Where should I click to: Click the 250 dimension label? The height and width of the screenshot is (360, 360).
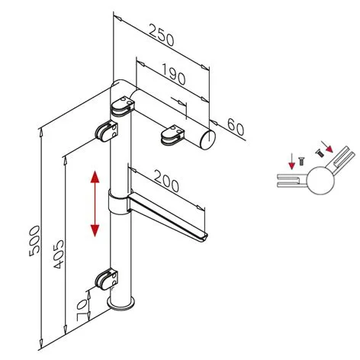pyautogui.click(x=162, y=35)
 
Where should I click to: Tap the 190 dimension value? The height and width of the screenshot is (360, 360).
pyautogui.click(x=173, y=74)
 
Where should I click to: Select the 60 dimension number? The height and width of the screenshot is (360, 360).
pyautogui.click(x=236, y=127)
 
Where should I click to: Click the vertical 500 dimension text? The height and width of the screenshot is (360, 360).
pyautogui.click(x=34, y=241)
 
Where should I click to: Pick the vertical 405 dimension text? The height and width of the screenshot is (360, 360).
pyautogui.click(x=59, y=254)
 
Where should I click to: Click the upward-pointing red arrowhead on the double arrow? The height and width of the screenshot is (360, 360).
pyautogui.click(x=95, y=177)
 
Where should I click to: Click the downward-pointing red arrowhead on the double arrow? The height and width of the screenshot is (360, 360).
pyautogui.click(x=95, y=230)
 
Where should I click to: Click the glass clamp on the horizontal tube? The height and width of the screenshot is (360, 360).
pyautogui.click(x=172, y=134)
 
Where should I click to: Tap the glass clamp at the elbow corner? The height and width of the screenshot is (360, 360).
pyautogui.click(x=122, y=107)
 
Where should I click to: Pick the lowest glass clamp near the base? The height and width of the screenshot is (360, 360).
pyautogui.click(x=107, y=279)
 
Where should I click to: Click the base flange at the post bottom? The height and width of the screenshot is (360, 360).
pyautogui.click(x=121, y=304)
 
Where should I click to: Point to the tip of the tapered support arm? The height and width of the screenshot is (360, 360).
pyautogui.click(x=205, y=237)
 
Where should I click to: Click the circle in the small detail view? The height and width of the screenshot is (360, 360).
pyautogui.click(x=320, y=180)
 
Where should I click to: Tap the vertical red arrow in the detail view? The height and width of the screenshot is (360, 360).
pyautogui.click(x=292, y=162)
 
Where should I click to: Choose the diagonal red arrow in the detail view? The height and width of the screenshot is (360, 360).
pyautogui.click(x=327, y=146)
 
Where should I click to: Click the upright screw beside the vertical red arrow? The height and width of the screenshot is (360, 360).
pyautogui.click(x=301, y=162)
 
